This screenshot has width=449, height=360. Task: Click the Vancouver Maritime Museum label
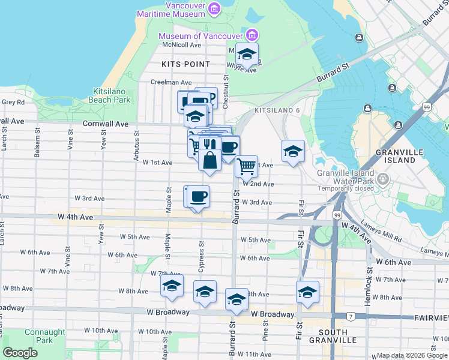click(170, 8)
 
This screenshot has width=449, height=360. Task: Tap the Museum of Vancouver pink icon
click(252, 35)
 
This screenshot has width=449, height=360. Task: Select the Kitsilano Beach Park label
click(111, 95)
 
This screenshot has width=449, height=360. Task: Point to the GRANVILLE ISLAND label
click(396, 156)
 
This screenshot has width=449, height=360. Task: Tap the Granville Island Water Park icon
click(384, 179)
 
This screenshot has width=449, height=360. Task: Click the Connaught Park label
click(45, 336)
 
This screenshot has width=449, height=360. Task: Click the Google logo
click(20, 353)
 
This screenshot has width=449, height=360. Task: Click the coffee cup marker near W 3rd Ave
click(198, 196)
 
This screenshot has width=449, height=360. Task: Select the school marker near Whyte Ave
click(246, 55)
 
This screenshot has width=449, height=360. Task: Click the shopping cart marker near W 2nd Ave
click(246, 166)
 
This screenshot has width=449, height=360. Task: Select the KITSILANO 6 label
click(277, 111)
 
